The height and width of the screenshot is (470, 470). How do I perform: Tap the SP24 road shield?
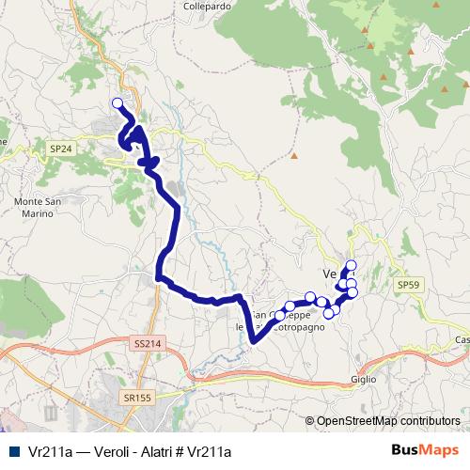click(61, 148)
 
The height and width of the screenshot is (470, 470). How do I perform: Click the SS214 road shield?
click(148, 345)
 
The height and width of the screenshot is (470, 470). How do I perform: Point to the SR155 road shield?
click(135, 399)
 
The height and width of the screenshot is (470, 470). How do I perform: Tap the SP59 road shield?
click(408, 284)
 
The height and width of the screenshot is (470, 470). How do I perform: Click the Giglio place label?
click(364, 379)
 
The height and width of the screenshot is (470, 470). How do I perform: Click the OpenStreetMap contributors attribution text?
click(387, 421)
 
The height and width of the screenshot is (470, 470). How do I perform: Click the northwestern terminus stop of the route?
click(117, 103)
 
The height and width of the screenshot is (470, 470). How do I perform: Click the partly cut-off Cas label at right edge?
click(462, 339)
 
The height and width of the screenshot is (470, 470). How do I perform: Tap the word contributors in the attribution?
click(428, 421)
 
